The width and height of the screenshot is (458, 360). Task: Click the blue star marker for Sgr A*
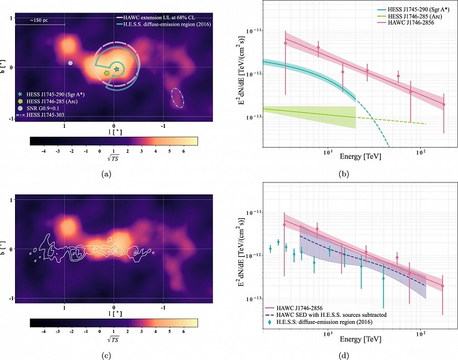coord(116,70)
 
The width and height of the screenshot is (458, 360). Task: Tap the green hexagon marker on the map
coord(106,71)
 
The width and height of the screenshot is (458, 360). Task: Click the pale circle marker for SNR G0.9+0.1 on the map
coord(70,63)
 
